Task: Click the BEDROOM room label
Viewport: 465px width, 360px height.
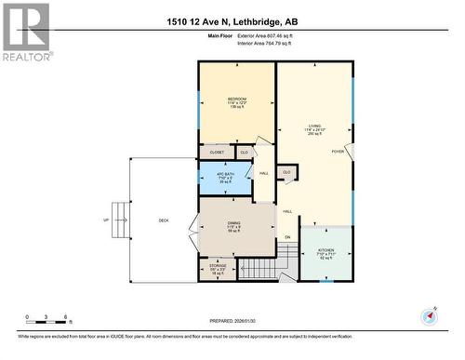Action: (x=236, y=99)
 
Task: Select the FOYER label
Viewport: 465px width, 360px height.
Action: (x=338, y=152)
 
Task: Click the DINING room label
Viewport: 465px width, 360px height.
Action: (x=234, y=223)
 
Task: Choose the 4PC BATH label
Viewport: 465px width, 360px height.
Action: (x=223, y=176)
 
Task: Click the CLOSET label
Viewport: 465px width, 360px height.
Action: (x=217, y=152)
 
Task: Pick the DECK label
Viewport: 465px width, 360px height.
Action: (x=164, y=220)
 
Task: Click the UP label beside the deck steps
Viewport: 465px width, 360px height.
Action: (x=106, y=220)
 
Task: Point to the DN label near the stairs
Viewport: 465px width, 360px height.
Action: (x=287, y=238)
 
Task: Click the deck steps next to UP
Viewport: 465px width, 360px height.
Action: (x=120, y=220)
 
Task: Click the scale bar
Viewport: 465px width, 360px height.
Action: (x=44, y=322)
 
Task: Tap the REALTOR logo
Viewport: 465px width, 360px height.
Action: (x=25, y=32)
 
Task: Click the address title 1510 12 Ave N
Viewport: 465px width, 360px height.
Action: (x=232, y=20)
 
